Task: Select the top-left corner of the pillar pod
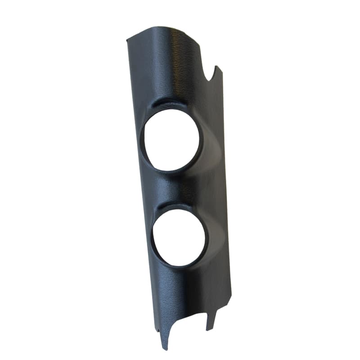[127, 40]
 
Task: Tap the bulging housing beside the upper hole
[211, 144]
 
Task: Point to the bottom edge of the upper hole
[173, 171]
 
